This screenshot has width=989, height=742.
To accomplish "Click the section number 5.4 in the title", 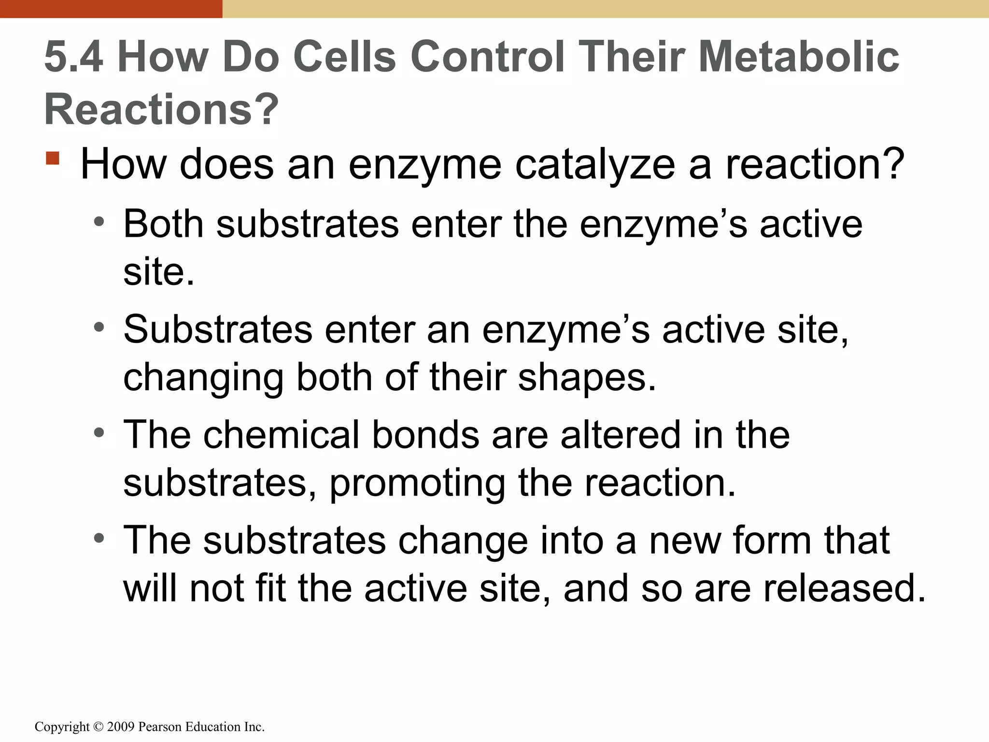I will coord(73,57).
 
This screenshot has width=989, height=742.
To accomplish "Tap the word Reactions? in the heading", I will coord(161,110).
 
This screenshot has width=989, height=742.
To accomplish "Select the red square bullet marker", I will coord(53,158).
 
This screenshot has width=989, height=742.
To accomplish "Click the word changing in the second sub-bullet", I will coord(203,378).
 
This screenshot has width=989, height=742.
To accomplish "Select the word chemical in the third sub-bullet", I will coord(282,435).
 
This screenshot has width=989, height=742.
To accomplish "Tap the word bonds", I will coord(426,435).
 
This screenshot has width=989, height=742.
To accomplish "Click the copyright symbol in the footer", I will coord(99,727).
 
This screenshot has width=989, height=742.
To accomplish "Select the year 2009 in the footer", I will coord(121,727).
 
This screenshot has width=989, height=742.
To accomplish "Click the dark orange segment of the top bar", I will coord(111,9).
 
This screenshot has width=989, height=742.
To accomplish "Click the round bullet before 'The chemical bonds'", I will coord(99,433).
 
